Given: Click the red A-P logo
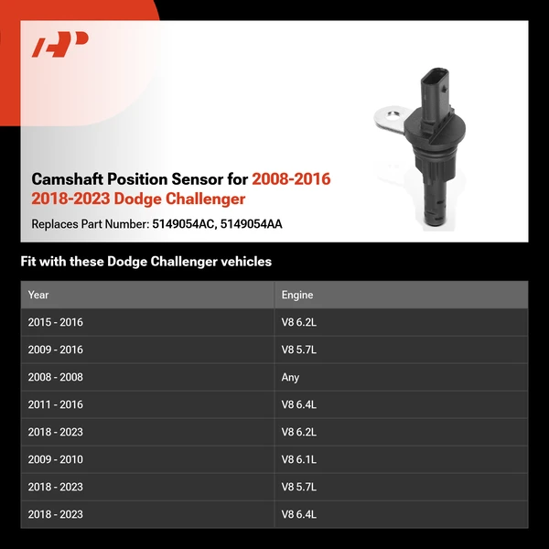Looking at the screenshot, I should [x=59, y=45].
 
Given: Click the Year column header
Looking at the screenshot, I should [x=38, y=295].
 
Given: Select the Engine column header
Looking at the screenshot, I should [x=296, y=295].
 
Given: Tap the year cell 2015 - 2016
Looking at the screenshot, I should [x=55, y=322].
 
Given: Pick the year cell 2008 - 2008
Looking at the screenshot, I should [x=55, y=377].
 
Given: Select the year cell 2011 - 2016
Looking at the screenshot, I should [x=55, y=404].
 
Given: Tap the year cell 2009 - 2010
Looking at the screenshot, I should [x=55, y=459].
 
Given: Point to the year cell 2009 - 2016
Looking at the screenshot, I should [x=55, y=350].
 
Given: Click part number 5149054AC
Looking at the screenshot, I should [x=183, y=223].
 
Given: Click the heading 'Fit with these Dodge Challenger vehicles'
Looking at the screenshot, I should [x=146, y=262].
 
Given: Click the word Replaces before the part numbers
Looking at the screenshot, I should [x=53, y=223].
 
